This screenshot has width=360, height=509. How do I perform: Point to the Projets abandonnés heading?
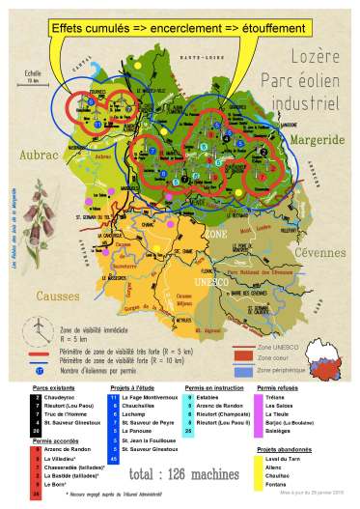click(286, 450)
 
